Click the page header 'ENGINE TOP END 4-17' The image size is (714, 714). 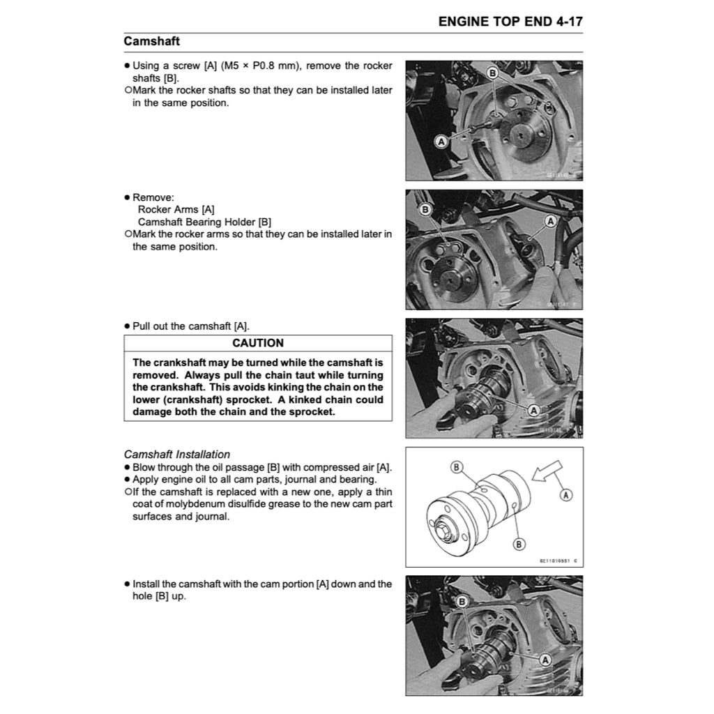[510, 22]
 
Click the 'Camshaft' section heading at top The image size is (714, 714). [151, 41]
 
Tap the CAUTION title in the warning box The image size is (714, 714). [257, 343]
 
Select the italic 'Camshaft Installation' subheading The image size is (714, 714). [177, 454]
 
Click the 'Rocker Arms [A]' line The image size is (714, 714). [176, 209]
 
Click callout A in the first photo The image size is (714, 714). [441, 142]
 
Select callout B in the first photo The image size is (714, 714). [492, 73]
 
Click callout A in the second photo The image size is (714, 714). [550, 221]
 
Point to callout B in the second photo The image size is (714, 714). [425, 209]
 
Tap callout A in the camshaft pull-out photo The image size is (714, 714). [533, 410]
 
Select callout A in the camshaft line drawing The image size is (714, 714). [565, 494]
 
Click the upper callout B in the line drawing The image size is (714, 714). [457, 467]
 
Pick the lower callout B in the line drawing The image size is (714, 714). [519, 544]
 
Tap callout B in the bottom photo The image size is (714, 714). [461, 601]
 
